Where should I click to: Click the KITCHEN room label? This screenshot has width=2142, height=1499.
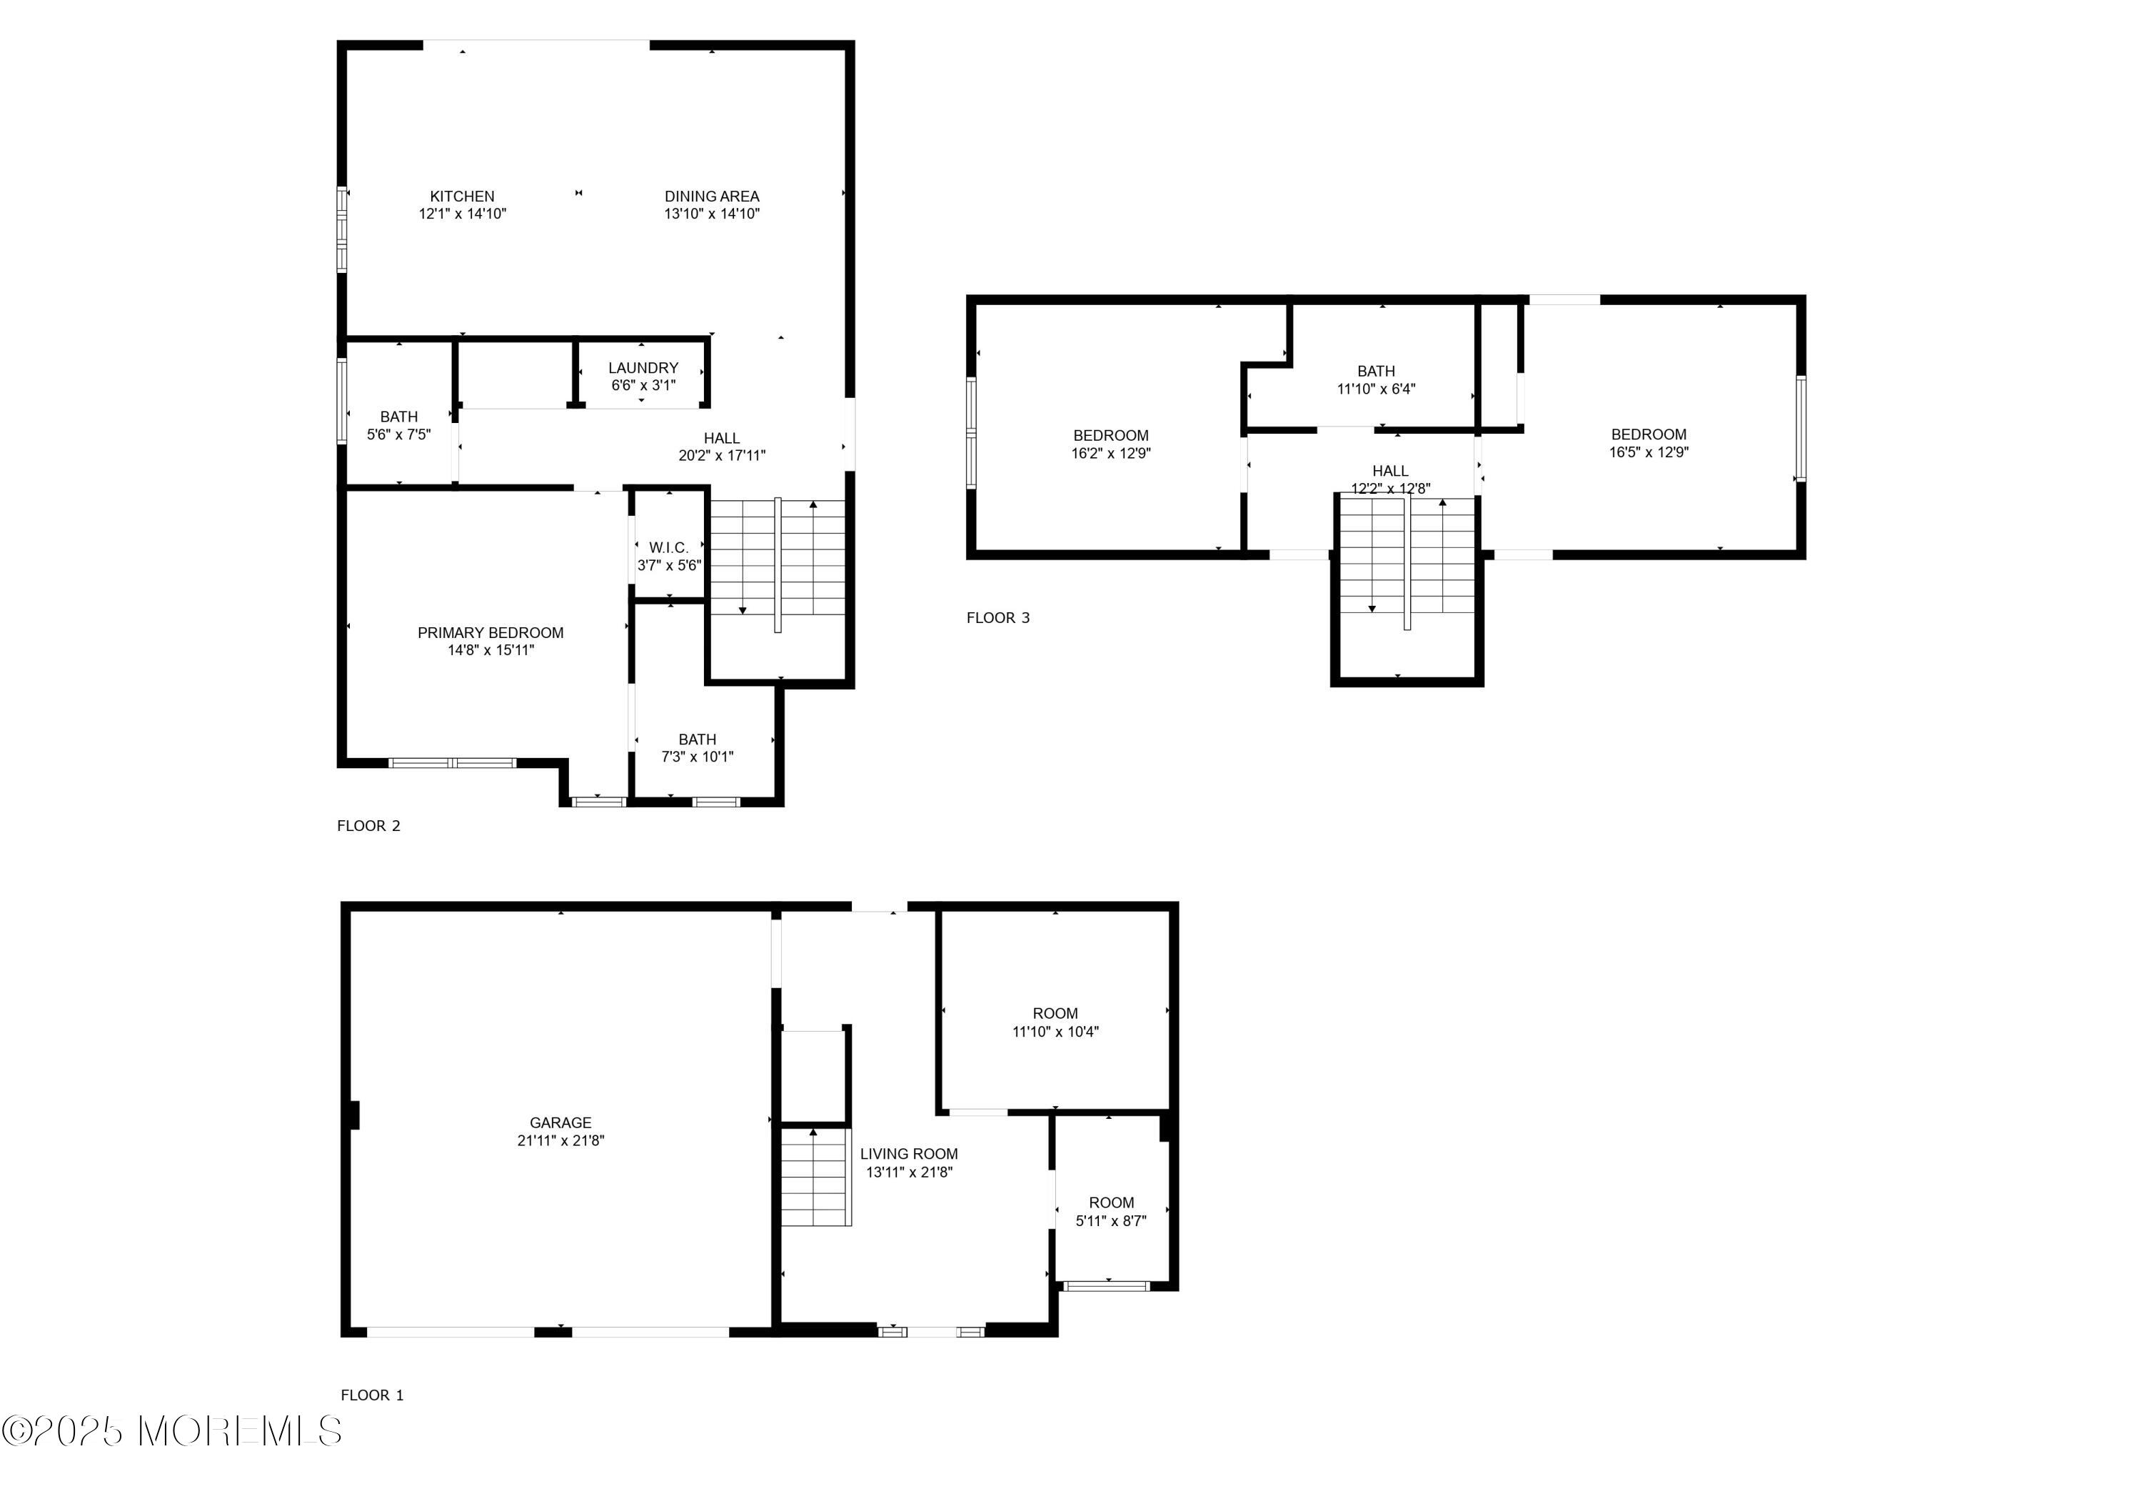coord(462,196)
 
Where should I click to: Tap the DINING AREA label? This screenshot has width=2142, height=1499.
coord(712,196)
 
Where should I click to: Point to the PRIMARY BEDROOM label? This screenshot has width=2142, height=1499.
coord(491,633)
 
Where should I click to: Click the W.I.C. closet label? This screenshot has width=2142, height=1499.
coord(669,548)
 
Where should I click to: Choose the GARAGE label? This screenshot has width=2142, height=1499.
coord(560,1123)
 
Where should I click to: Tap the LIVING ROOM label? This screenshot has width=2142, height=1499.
coord(909,1154)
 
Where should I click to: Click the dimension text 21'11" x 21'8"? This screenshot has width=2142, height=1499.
coord(560,1140)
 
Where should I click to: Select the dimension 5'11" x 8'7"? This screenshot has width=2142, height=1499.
coord(1111,1221)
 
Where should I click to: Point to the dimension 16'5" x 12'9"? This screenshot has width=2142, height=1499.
coord(1649,452)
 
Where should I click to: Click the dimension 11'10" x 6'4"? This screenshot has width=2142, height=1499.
coord(1376,389)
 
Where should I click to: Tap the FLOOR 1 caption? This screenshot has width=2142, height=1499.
coord(372,1395)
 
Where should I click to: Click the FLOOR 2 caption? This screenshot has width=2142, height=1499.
coord(368,826)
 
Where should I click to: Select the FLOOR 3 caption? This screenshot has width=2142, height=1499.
coord(998,618)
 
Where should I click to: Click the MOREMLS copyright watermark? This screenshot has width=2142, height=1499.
coord(171,1431)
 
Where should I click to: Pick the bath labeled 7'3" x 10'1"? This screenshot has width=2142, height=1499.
coord(697,739)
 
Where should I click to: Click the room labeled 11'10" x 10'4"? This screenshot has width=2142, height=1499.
coord(1055,1014)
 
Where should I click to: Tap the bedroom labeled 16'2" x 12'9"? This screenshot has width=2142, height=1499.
coord(1110,436)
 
